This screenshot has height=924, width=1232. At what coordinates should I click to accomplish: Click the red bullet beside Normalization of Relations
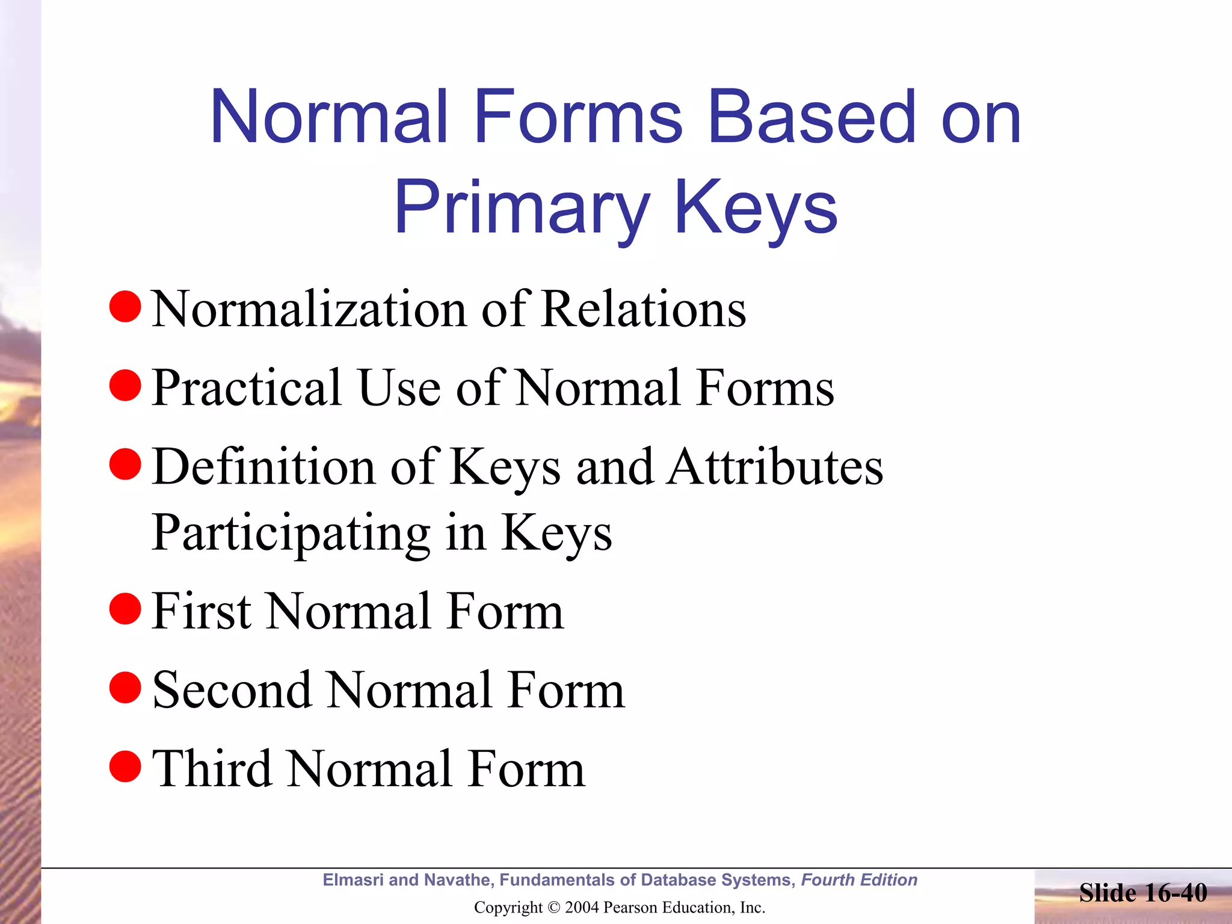pos(125,306)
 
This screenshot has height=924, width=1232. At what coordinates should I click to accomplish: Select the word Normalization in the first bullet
pos(309,309)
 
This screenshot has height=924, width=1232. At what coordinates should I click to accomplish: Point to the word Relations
pos(643,309)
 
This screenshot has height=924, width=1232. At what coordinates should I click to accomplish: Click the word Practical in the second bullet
pos(247,389)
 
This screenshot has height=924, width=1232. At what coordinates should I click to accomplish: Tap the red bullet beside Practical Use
pos(125,386)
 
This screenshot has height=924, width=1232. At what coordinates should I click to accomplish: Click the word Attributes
pos(775,467)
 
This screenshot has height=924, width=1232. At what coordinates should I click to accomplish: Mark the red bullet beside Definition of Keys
pos(125,464)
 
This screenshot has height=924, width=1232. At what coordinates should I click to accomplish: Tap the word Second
pos(232,691)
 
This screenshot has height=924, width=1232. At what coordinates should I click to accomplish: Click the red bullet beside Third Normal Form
pos(125,766)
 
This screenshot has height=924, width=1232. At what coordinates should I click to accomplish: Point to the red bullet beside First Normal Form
pos(125,609)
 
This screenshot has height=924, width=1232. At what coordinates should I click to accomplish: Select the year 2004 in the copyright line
pos(582,907)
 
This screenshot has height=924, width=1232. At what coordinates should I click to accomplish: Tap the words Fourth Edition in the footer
pos(859,880)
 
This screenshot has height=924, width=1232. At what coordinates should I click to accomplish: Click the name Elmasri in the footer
pos(353,880)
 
